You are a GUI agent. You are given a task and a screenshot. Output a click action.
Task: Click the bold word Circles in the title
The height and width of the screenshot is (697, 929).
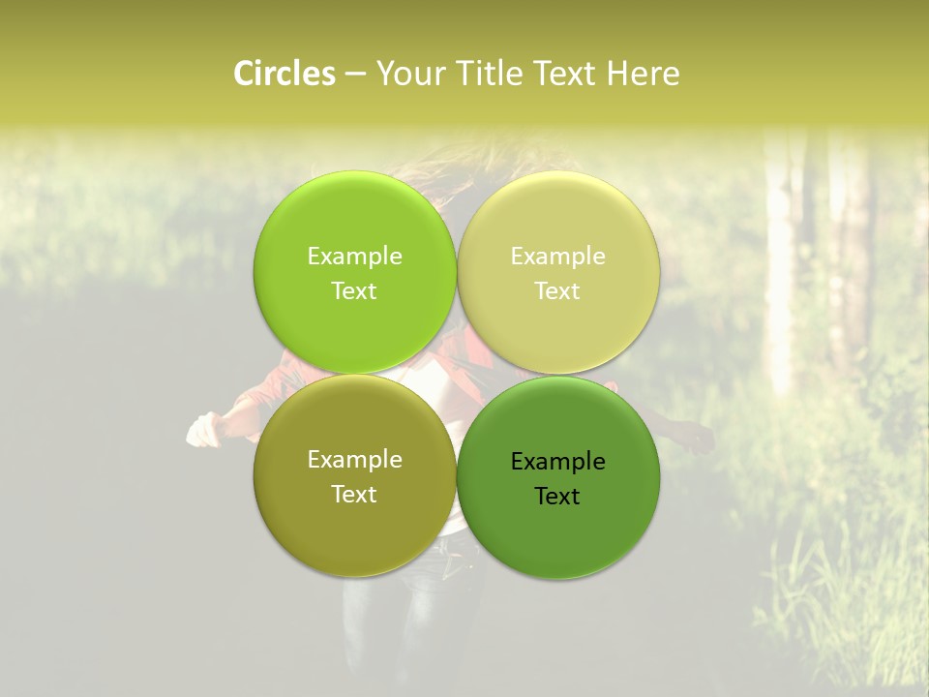coord(284,74)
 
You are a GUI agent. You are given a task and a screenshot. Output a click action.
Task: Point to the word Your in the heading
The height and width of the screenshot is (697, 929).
coord(410,74)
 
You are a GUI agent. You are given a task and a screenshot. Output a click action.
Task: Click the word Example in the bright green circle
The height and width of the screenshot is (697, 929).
coord(354,257)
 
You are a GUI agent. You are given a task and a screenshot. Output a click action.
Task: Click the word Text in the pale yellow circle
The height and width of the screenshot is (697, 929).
coord(557,291)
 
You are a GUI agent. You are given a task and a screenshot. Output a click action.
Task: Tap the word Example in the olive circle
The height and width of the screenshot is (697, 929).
coord(354,460)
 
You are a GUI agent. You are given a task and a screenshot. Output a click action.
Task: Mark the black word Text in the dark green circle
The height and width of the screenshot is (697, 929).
coord(557,497)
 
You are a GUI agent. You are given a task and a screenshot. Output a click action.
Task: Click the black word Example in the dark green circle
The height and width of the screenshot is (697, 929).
coord(558,462)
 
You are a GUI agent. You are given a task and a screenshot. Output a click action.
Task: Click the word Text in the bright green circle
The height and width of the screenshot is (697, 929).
coord(354,291)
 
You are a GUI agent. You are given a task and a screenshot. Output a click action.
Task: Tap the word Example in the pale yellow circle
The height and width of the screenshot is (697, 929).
coord(558,257)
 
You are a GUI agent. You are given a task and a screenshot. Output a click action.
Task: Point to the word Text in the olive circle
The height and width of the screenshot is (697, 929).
coord(354,495)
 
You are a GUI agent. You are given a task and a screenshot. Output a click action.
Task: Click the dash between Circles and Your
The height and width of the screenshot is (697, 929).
coord(354,75)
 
